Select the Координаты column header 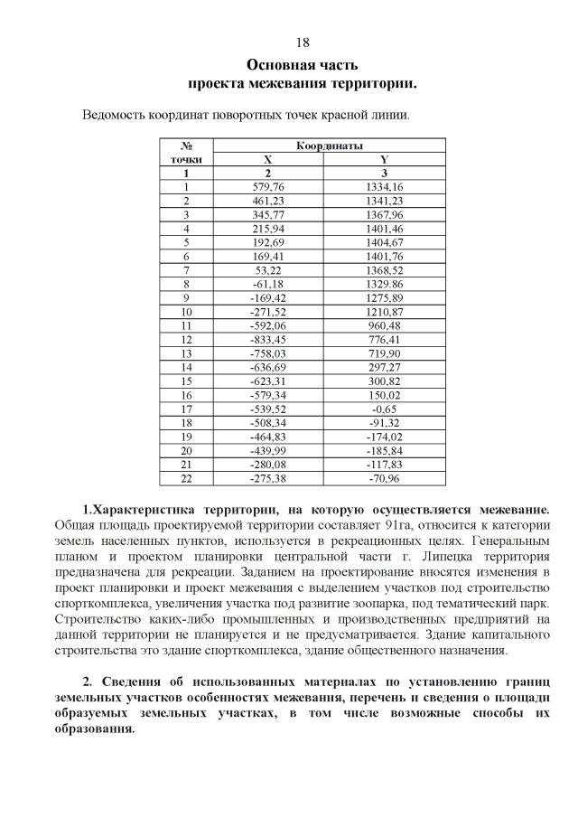[x=330, y=145]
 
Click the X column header [x=267, y=158]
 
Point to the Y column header [x=385, y=158]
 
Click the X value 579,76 [x=268, y=186]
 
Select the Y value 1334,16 [x=385, y=186]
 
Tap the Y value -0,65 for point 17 [x=385, y=409]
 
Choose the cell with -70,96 [x=385, y=478]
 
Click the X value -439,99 [x=267, y=450]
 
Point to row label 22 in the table [x=186, y=478]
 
